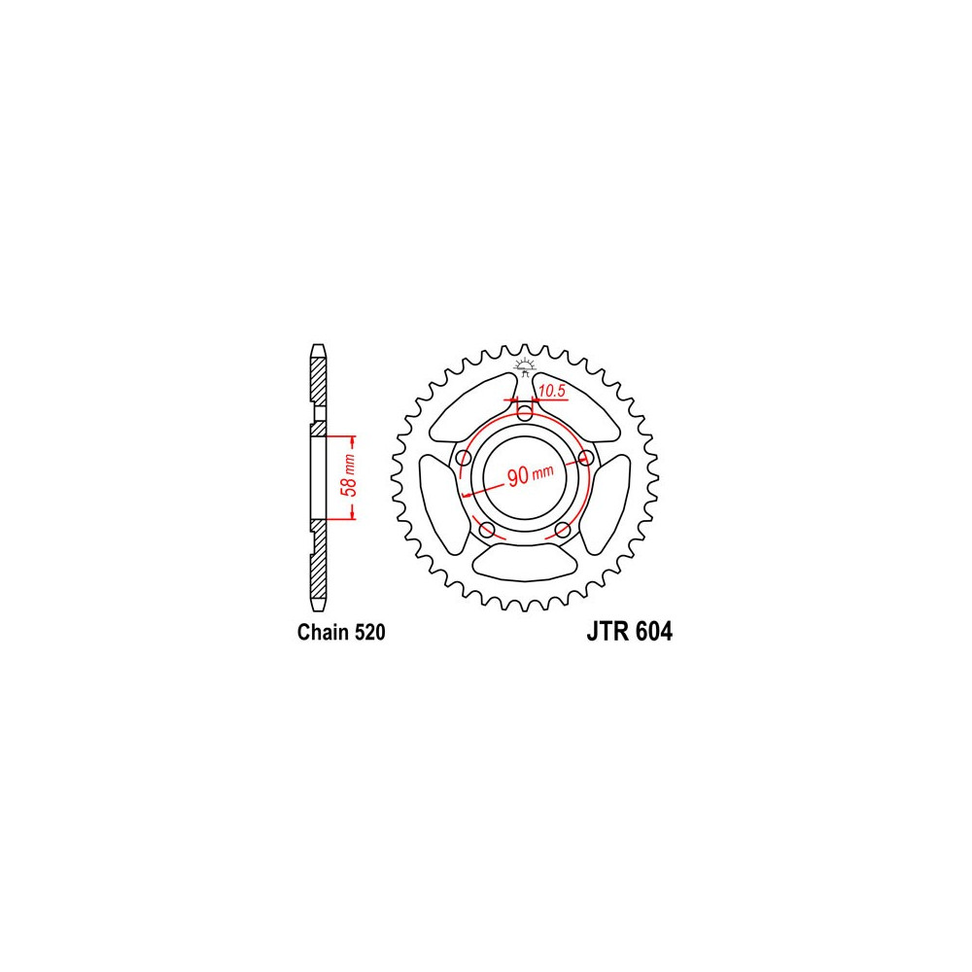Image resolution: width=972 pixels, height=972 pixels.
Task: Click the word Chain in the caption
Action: [x=324, y=632]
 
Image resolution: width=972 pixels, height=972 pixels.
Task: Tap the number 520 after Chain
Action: [x=370, y=632]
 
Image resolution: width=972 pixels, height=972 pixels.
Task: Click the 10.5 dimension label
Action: [x=552, y=391]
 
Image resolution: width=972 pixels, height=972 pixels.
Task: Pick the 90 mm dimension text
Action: [x=530, y=475]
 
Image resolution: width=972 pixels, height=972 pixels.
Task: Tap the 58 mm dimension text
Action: [x=350, y=475]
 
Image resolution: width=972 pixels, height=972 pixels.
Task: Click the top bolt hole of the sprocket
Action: [x=525, y=413]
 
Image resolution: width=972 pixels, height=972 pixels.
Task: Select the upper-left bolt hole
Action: [x=463, y=459]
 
